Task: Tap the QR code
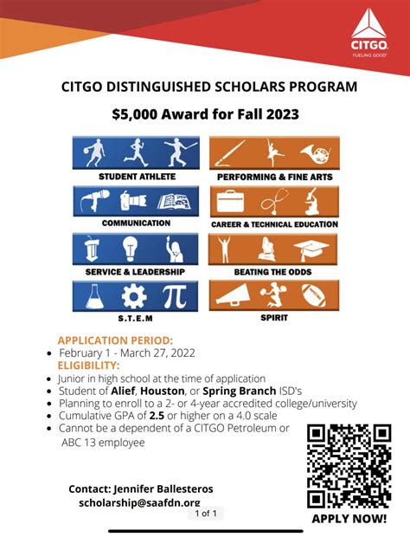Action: (x=349, y=465)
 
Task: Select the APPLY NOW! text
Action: (x=349, y=518)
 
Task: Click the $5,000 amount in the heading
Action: (x=139, y=113)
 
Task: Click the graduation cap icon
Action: (x=311, y=250)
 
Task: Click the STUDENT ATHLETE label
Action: (x=136, y=177)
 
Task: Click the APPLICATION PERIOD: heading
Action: (x=115, y=340)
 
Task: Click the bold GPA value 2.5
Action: (x=157, y=416)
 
